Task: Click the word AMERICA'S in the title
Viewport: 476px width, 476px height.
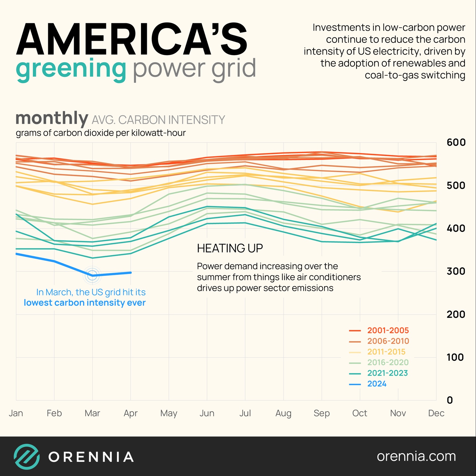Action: [x=132, y=39]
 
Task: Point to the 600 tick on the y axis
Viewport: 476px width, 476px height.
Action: [x=456, y=142]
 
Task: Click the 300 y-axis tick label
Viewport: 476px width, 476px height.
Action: [x=456, y=271]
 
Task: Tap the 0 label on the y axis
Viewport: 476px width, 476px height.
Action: [x=450, y=400]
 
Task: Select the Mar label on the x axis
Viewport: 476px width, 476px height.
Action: [x=92, y=413]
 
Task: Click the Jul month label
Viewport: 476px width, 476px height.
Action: [x=245, y=413]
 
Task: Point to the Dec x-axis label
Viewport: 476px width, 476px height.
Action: [x=436, y=413]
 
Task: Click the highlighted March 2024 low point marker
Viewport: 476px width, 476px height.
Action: [x=92, y=275]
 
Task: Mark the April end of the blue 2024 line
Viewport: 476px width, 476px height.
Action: [x=130, y=273]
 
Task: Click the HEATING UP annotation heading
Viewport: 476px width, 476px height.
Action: [x=230, y=248]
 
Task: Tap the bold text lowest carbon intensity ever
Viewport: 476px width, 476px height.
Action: [x=85, y=303]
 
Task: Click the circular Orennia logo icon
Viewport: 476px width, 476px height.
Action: [x=27, y=456]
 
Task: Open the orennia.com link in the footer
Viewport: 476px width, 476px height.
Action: [x=416, y=456]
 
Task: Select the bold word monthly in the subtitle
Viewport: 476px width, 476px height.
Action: [x=52, y=118]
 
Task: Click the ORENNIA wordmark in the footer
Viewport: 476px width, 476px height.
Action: [x=91, y=457]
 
